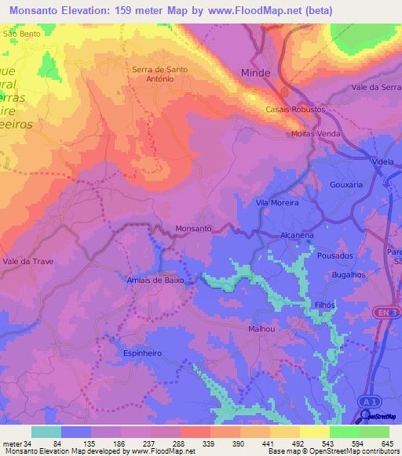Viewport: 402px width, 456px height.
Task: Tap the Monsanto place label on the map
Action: coord(193,228)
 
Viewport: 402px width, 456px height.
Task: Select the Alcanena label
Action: coord(298,234)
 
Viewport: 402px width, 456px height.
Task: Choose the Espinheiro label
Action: coord(142,353)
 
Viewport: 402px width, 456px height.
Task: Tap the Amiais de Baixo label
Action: coord(155,280)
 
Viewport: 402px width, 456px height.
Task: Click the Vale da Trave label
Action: coord(28,261)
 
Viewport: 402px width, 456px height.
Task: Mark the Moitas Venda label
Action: coord(315,134)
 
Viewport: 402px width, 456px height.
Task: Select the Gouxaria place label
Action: coord(347,185)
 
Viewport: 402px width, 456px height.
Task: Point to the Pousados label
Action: coord(335,255)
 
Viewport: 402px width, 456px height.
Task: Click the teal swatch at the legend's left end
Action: coord(46,432)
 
